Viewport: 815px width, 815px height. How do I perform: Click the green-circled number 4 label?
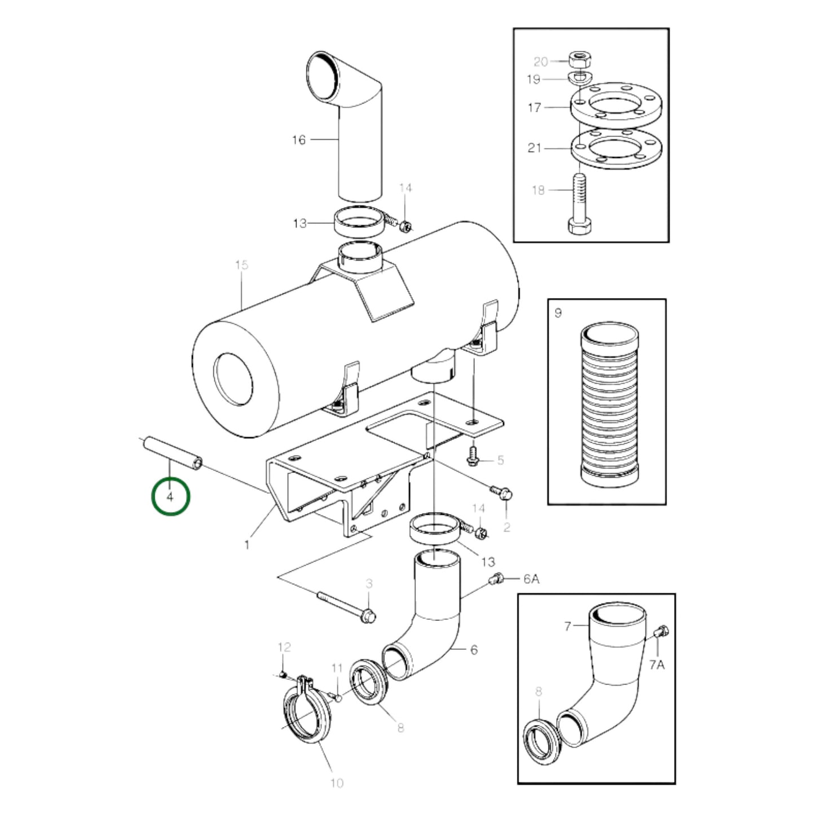(170, 496)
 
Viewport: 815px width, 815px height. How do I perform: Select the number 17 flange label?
(534, 107)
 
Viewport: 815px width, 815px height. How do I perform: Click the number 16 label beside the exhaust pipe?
(298, 140)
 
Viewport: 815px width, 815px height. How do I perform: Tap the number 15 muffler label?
(241, 265)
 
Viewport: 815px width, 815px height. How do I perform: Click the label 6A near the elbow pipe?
(531, 579)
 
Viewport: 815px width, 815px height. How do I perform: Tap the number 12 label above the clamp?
(284, 647)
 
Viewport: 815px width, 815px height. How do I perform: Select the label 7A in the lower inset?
(657, 664)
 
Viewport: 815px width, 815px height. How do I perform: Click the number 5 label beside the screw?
(500, 460)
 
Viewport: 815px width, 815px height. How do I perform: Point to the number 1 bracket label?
(246, 545)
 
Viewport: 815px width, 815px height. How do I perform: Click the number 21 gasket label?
(534, 148)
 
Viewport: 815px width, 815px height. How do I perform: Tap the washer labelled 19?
(578, 77)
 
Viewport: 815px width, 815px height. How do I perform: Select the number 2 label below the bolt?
(506, 527)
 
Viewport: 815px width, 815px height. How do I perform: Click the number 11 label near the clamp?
(337, 668)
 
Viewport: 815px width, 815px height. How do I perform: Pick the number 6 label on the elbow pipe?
(473, 650)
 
